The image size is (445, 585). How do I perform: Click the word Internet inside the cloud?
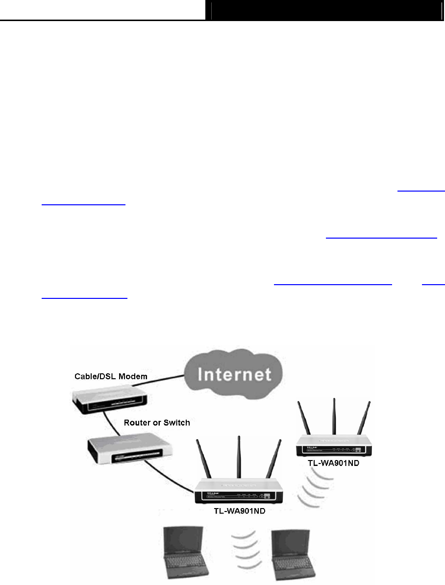234,375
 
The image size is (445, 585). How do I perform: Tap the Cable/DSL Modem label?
110,376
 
